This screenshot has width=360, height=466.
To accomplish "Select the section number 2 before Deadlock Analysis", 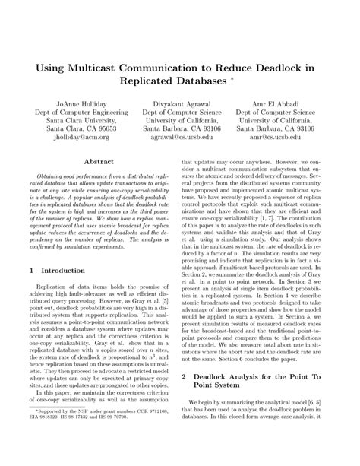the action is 185,377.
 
